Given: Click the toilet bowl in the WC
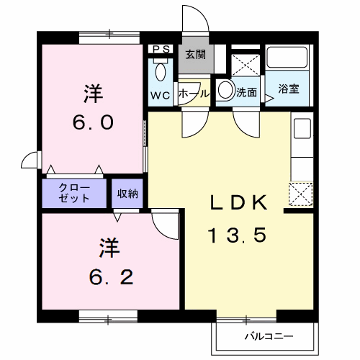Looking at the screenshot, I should tap(160, 71).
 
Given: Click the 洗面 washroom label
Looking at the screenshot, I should tap(248, 93).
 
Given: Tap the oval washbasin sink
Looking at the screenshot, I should tap(225, 91).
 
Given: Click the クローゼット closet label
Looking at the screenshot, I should tap(74, 192).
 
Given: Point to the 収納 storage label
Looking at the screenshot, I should tap(128, 192).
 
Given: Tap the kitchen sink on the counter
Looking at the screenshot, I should tap(301, 129).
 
